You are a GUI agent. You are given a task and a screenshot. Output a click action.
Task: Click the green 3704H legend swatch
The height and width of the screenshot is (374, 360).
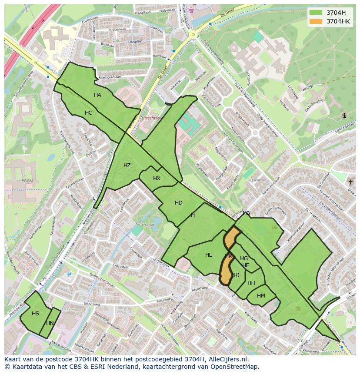click(316, 12)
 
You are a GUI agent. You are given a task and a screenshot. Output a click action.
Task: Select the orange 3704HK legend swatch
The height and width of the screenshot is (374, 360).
click(316, 21)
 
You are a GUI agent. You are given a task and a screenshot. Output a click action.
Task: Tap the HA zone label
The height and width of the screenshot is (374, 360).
click(97, 95)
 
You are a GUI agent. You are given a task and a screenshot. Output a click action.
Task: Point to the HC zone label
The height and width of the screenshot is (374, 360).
click(88, 113)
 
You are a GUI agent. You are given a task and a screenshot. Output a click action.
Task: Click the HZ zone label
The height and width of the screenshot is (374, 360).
click(127, 165)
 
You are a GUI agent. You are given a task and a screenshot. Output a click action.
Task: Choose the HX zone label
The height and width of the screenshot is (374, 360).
click(157, 179)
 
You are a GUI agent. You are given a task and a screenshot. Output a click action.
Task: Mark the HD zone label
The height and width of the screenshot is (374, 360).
click(178, 203)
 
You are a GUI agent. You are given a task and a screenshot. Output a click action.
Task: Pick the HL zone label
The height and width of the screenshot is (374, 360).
click(208, 255)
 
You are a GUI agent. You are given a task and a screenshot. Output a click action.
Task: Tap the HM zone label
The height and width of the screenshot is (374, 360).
click(261, 296)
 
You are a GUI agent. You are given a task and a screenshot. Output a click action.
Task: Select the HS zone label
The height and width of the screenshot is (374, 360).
click(35, 314)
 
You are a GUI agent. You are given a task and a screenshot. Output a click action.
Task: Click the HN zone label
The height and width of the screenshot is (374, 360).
click(50, 323)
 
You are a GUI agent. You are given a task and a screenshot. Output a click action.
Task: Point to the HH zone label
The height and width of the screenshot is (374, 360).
click(251, 283)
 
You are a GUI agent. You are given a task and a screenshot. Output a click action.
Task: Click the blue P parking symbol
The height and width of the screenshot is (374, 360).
click(69, 275)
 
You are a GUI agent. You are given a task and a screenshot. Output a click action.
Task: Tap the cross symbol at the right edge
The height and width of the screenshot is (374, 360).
click(350, 182)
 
